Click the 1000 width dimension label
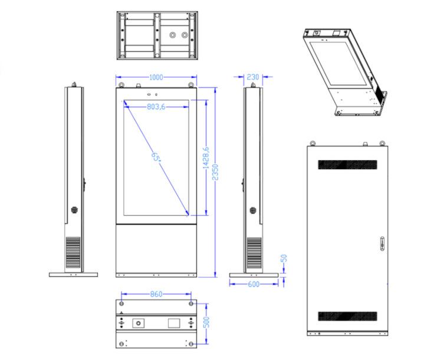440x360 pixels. click(x=156, y=77)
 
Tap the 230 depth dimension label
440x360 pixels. click(x=253, y=77)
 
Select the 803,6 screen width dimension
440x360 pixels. click(x=156, y=107)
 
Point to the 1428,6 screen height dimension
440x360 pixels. click(x=206, y=158)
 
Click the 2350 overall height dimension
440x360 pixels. click(x=215, y=172)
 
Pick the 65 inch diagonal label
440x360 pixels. click(x=156, y=157)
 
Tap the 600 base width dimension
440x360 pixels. click(x=254, y=285)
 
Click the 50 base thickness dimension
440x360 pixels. click(x=284, y=258)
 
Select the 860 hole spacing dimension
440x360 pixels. click(x=156, y=294)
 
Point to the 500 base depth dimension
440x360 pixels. click(x=206, y=322)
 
